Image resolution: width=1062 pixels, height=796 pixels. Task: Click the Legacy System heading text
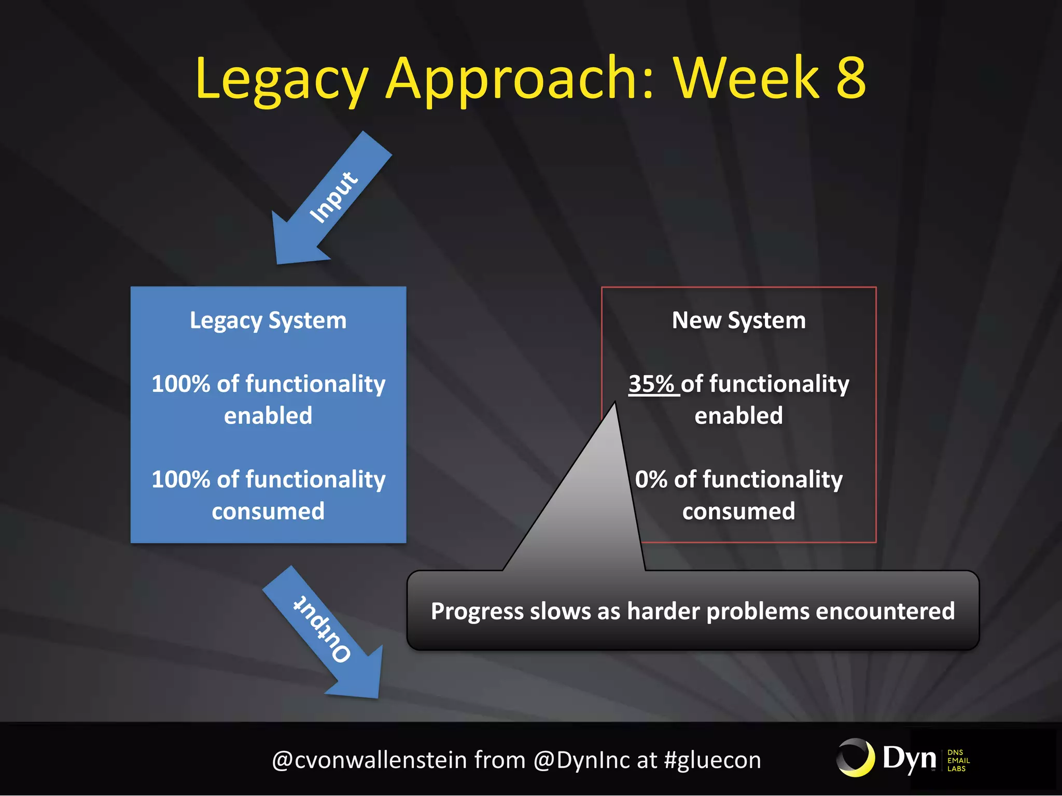pyautogui.click(x=268, y=320)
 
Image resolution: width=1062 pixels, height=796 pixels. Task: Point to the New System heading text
pyautogui.click(x=738, y=320)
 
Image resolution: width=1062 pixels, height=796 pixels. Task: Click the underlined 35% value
pyautogui.click(x=651, y=384)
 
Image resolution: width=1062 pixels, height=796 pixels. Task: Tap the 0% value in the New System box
pyautogui.click(x=651, y=479)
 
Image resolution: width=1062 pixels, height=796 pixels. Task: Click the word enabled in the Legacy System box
pyautogui.click(x=268, y=416)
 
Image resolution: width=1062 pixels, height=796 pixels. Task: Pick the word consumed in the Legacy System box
pyautogui.click(x=268, y=511)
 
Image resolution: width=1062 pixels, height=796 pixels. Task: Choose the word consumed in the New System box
pyautogui.click(x=738, y=511)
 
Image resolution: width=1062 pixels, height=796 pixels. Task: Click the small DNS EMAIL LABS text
pyautogui.click(x=957, y=760)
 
